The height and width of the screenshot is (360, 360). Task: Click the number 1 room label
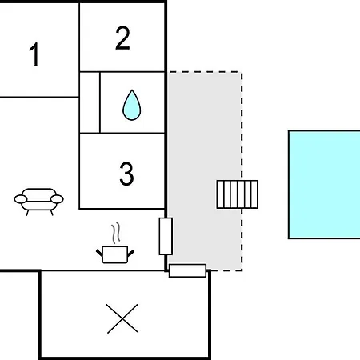coord(34,54)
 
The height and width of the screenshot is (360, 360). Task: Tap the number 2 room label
coord(122,38)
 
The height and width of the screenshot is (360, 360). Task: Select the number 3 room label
coord(126,174)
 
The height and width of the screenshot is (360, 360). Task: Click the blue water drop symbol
coord(132,105)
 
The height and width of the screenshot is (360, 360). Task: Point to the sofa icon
coord(39,202)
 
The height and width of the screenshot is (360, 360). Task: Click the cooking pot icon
coord(115,254)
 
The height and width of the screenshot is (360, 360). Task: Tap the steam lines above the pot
coord(116,234)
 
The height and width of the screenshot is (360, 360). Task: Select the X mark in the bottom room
coord(122,318)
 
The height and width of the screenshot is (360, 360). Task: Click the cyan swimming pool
coord(324,185)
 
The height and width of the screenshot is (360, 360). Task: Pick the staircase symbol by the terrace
coord(238,194)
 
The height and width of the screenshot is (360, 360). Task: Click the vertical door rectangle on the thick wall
coord(166,236)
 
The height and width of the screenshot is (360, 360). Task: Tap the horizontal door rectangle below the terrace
coord(187,270)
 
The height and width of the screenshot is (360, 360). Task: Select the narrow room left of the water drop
coord(90,102)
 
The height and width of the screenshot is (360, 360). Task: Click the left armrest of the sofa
coord(21,199)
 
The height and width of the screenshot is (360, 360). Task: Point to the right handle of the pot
coord(131,254)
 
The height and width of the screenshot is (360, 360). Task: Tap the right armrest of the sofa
coord(57,199)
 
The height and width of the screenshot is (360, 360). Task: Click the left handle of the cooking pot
coord(99,253)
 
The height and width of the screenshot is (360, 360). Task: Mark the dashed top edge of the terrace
coord(205,72)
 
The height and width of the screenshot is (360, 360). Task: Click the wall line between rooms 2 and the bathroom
coord(122,72)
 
